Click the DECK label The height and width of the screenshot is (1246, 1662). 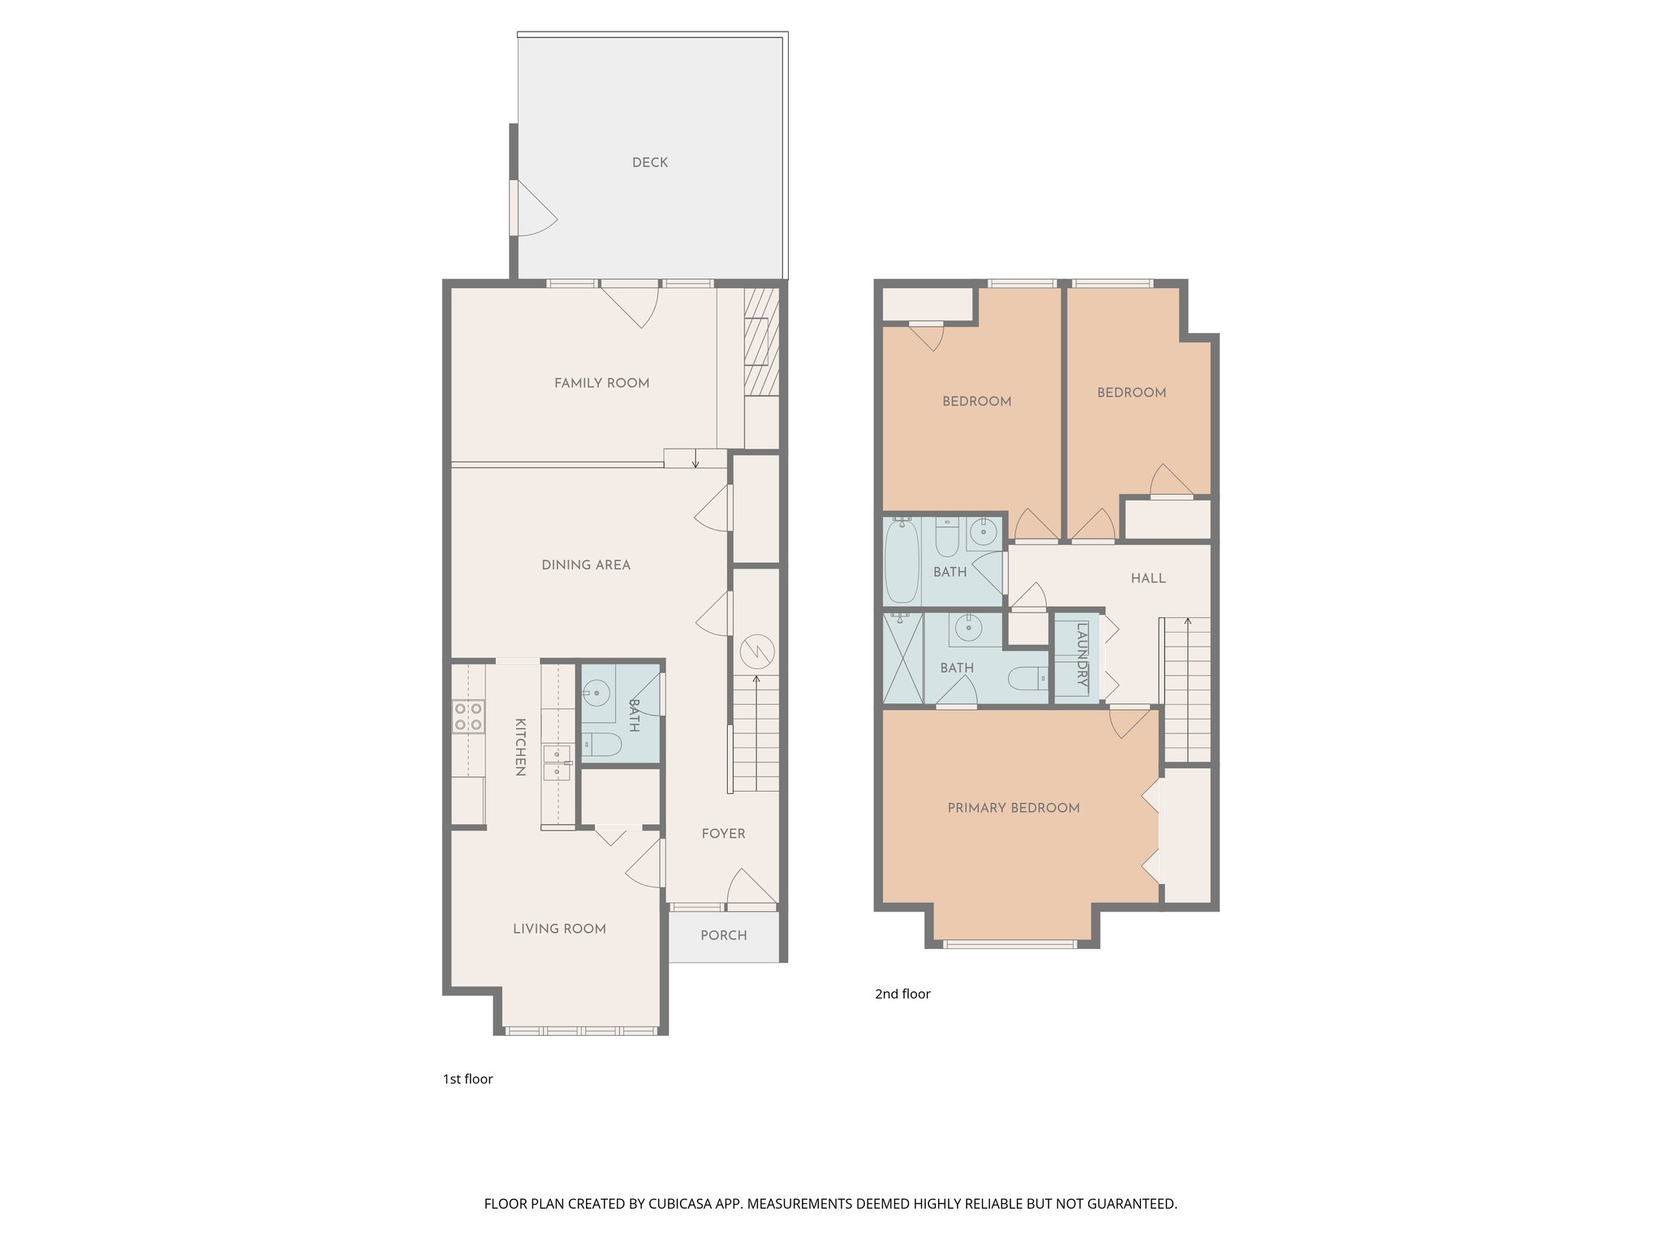650,162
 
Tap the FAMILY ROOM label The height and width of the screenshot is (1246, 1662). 601,383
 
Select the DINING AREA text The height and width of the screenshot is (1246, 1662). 585,565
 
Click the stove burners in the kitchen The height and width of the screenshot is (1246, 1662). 468,717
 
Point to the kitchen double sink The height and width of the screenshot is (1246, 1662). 557,763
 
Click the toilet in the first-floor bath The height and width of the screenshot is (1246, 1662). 602,744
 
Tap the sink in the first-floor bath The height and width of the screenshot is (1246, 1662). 596,693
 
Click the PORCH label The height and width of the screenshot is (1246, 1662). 723,935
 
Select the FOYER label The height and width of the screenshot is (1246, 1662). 723,833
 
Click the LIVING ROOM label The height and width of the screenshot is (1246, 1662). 559,928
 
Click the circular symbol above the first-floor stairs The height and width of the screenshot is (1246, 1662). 756,651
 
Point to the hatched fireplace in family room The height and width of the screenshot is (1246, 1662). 761,341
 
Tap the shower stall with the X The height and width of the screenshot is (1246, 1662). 902,658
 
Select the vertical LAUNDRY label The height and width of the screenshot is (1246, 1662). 1081,655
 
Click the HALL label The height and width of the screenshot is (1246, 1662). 1147,578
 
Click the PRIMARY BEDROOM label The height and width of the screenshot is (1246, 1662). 1013,807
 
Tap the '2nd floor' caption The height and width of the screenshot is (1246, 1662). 902,994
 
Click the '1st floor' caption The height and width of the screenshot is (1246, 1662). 467,1079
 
